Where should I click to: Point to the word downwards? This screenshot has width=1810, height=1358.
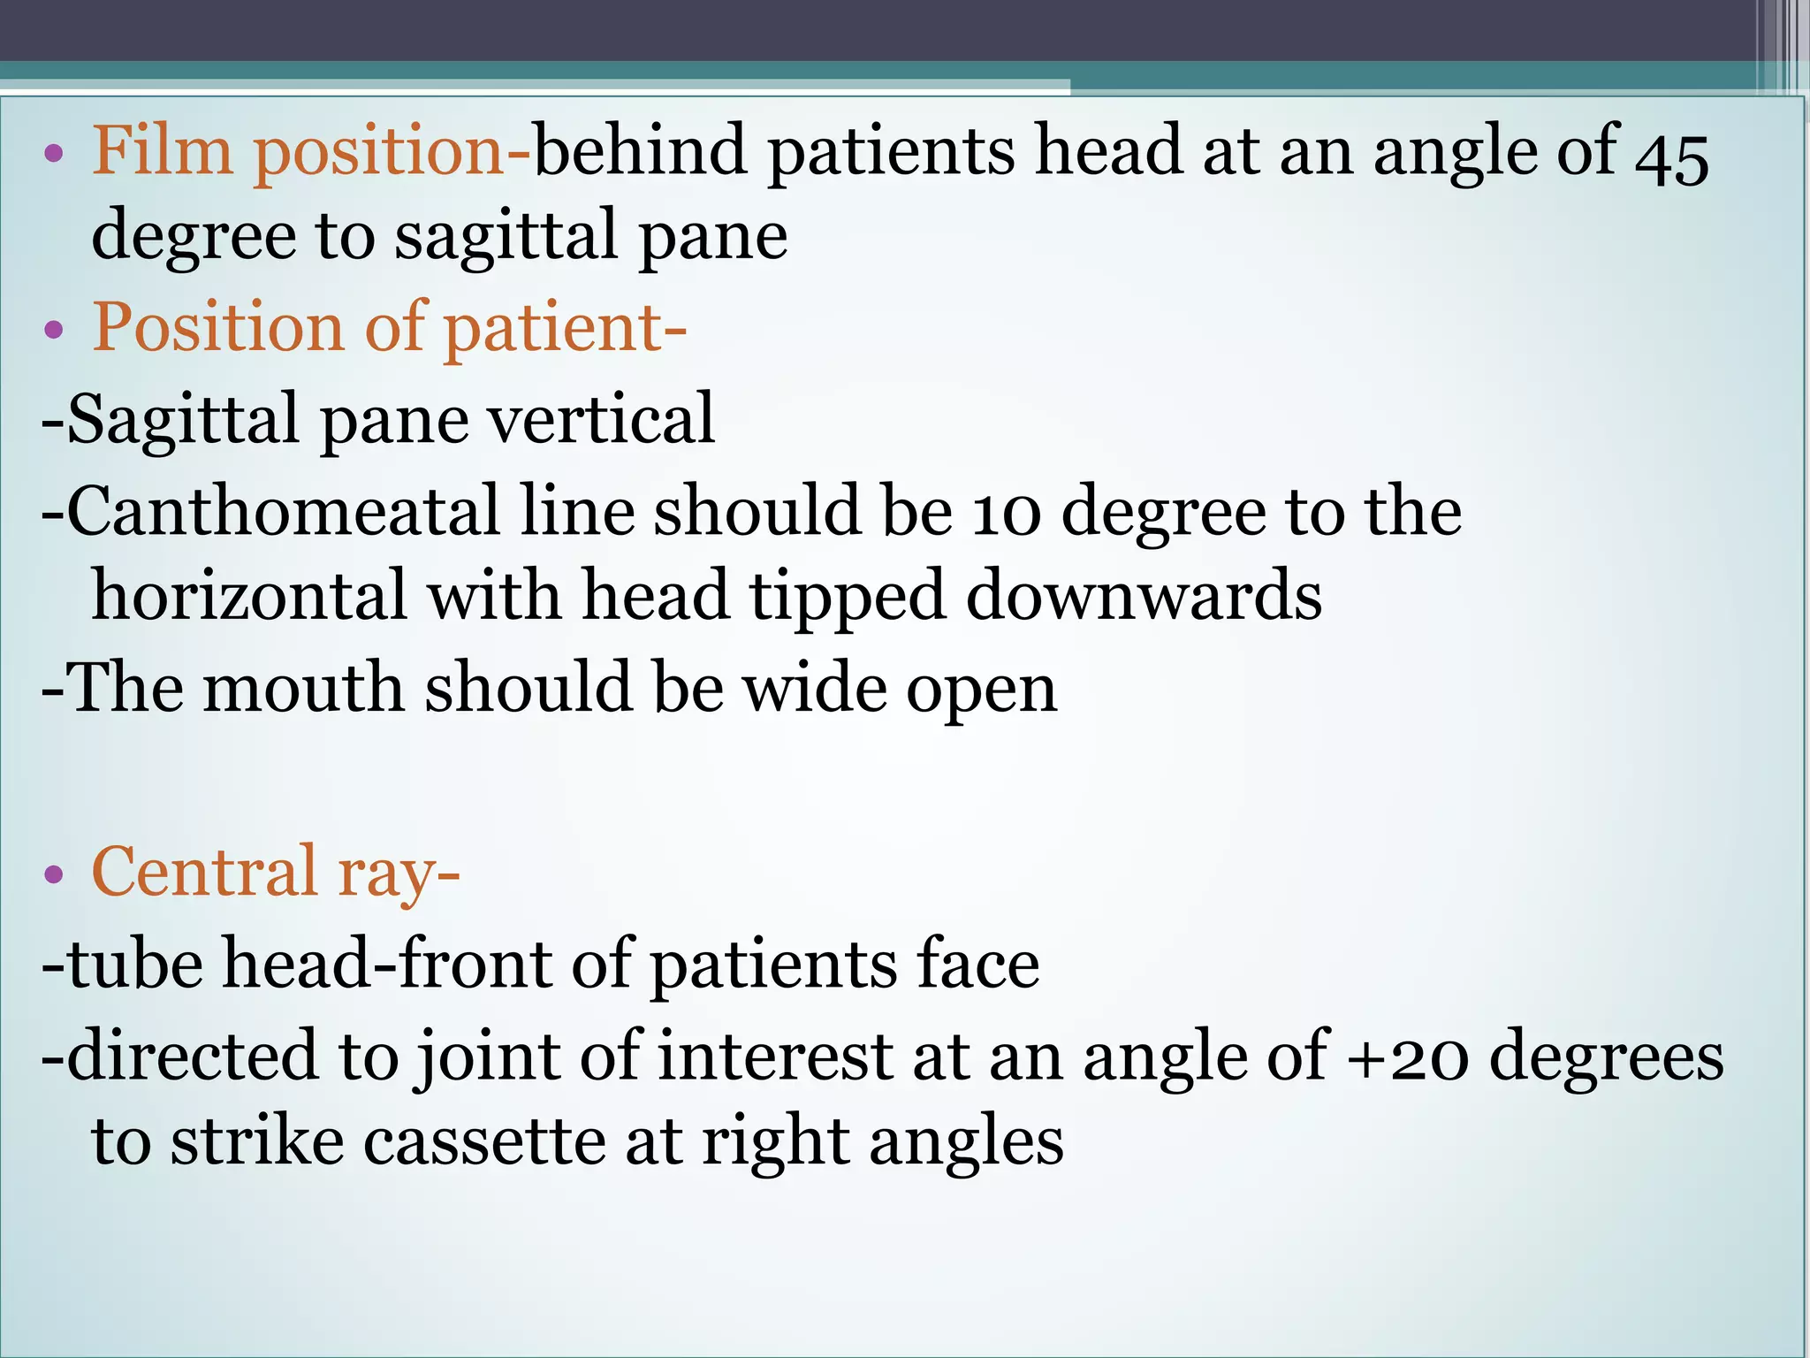point(1144,596)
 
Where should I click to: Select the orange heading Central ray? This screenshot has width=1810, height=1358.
point(274,872)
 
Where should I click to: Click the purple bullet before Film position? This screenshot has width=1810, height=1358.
point(54,155)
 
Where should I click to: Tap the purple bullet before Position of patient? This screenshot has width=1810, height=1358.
point(54,330)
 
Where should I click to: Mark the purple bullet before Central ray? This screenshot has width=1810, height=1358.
point(54,874)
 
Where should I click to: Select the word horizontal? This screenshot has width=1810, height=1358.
point(249,596)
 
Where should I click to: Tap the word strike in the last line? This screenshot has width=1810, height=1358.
point(256,1141)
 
